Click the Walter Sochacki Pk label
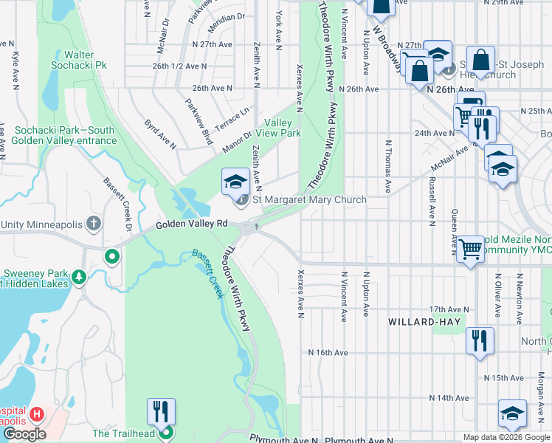tap(74, 60)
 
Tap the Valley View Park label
tap(278, 128)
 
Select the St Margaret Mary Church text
tap(309, 200)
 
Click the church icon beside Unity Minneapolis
tap(93, 223)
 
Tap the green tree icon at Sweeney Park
tap(79, 278)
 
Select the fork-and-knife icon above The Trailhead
tap(161, 411)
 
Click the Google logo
tap(24, 434)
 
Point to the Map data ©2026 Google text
tap(506, 437)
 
